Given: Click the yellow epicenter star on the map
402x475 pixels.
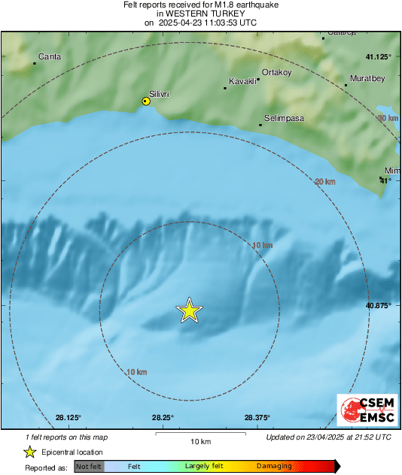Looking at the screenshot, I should (x=190, y=310).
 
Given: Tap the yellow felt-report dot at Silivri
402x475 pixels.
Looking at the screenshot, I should (x=147, y=101).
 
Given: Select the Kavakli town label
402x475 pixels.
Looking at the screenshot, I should (x=242, y=80).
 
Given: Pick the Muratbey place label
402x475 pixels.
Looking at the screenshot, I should (x=367, y=78).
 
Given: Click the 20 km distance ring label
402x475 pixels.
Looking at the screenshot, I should (x=324, y=182).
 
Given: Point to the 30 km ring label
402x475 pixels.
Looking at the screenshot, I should (x=388, y=119).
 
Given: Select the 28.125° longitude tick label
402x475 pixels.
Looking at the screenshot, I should (x=68, y=419).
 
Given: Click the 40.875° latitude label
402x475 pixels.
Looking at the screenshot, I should (x=379, y=306).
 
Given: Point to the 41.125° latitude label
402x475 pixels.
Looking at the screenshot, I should (x=379, y=57).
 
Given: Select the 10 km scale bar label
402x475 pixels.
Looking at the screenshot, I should (x=200, y=440).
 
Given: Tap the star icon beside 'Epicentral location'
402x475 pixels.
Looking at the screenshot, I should (x=29, y=452).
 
